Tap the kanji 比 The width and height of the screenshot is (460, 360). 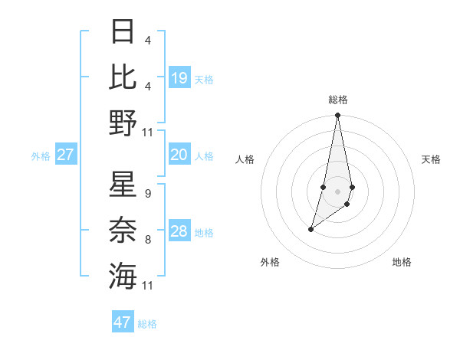(123, 77)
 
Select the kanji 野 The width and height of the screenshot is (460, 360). (123, 123)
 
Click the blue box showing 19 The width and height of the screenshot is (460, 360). (179, 78)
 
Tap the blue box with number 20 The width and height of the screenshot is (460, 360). (179, 155)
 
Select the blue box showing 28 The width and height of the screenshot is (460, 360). (179, 231)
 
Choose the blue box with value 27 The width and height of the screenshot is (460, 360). (66, 155)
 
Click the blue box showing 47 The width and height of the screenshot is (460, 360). (123, 322)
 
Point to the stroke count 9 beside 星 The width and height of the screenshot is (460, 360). (147, 194)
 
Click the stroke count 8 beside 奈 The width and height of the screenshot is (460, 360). (147, 240)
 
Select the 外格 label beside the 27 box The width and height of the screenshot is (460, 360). (41, 156)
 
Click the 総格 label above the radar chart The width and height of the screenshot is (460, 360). (337, 100)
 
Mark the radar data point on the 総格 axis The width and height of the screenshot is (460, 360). (337, 116)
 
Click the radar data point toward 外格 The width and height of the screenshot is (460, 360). (310, 229)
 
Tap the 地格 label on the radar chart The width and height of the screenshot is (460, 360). (402, 262)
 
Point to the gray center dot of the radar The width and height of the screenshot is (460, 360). (337, 191)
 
